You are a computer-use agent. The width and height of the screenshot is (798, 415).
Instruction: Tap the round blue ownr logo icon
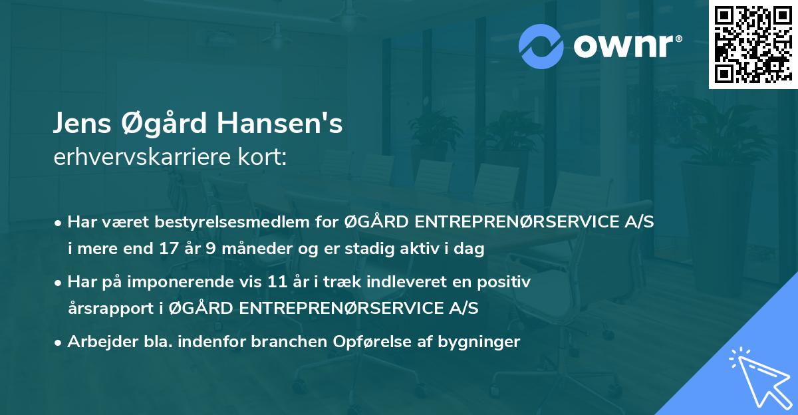541,46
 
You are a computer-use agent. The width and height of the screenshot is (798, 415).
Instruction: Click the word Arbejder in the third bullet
97,342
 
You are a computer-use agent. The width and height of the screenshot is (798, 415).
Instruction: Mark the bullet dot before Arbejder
59,343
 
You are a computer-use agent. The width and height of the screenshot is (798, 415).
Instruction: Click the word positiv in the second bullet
507,282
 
